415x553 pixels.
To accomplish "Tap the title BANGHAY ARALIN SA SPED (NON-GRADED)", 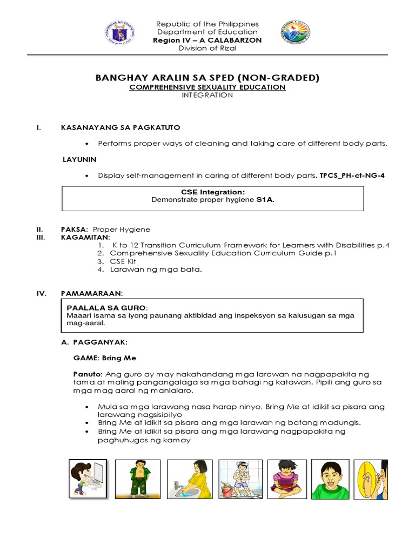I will pos(207,78).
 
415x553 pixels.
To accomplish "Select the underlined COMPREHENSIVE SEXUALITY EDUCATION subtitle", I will pos(207,87).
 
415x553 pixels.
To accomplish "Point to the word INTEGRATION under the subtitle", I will pos(207,95).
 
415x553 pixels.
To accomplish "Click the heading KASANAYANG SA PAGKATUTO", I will pos(121,127).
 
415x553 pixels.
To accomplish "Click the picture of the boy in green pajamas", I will pos(138,478).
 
